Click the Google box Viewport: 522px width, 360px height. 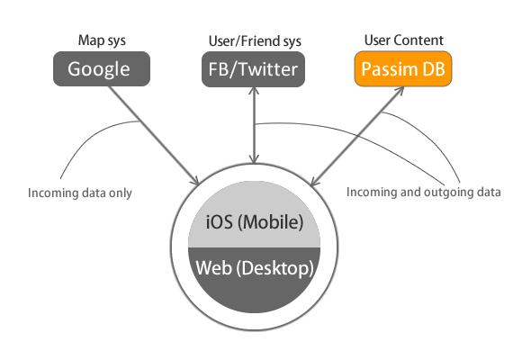(x=102, y=68)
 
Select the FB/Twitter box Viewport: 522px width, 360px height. (x=253, y=69)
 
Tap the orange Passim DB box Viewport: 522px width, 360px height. (x=403, y=68)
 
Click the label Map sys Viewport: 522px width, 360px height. (x=102, y=40)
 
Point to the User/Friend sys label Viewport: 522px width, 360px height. (x=255, y=41)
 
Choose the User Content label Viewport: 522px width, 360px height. (x=404, y=40)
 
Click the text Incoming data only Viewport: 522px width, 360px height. (x=80, y=193)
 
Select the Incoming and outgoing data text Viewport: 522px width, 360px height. (x=424, y=193)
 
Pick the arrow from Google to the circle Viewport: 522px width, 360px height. (x=154, y=136)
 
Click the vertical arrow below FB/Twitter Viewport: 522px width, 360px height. (x=255, y=125)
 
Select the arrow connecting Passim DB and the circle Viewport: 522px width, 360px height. (x=357, y=136)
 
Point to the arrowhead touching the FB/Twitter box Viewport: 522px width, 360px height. (x=255, y=91)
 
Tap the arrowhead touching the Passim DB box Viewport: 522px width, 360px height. (x=400, y=91)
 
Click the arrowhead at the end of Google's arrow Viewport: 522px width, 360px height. (x=195, y=182)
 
